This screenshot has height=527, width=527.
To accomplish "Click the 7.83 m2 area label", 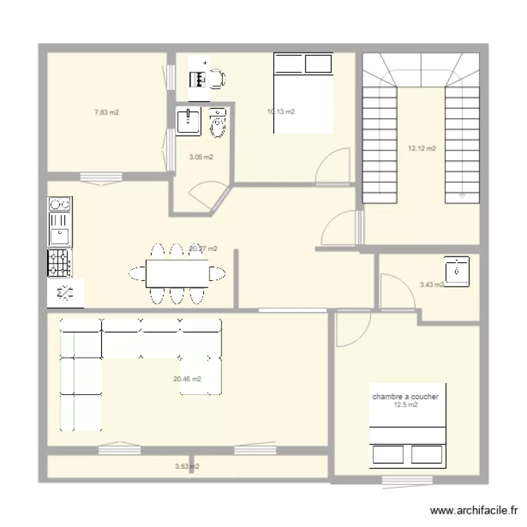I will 107,112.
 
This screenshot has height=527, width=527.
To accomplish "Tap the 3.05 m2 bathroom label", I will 201,157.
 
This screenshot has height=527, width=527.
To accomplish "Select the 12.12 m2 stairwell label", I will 422,148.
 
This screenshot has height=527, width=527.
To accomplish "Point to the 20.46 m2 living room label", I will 187,379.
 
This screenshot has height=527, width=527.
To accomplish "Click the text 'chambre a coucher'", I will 405,396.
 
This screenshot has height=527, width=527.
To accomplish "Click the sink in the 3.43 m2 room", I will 457,271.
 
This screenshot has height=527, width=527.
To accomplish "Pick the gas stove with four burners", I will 59,263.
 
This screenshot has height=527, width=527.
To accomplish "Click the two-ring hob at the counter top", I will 59,204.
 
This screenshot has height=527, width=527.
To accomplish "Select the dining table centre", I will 177,273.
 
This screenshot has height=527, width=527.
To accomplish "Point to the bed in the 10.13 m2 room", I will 303,93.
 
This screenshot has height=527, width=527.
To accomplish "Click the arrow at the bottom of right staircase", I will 462,197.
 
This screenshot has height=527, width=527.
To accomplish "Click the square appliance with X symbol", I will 65,293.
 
